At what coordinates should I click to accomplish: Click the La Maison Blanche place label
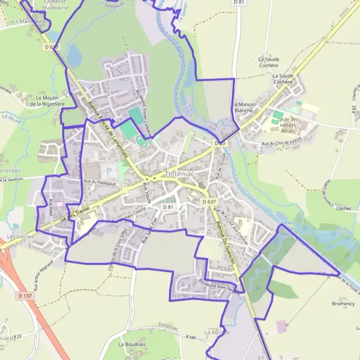(x=242, y=107)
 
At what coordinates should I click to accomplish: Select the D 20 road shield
(x=220, y=143)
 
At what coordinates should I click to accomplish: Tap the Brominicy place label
(x=343, y=304)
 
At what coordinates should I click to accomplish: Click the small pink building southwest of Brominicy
(x=281, y=327)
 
